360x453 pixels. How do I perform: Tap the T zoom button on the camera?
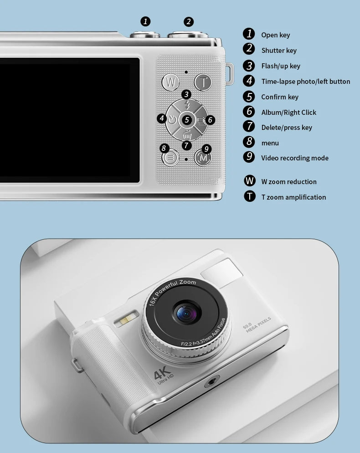(x=203, y=82)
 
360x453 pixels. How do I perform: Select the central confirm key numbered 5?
(x=187, y=120)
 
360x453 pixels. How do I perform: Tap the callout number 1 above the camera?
(x=145, y=21)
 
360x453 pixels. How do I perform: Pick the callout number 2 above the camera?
(x=188, y=21)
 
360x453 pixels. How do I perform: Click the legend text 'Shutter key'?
(x=279, y=51)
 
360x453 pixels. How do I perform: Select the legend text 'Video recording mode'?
(x=294, y=158)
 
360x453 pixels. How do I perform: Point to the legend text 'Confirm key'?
(x=280, y=97)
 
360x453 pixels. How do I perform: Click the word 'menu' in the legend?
(x=270, y=143)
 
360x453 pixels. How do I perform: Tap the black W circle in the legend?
(x=249, y=180)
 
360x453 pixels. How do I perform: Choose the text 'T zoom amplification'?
(x=293, y=197)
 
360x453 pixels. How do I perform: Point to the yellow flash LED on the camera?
(x=128, y=318)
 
